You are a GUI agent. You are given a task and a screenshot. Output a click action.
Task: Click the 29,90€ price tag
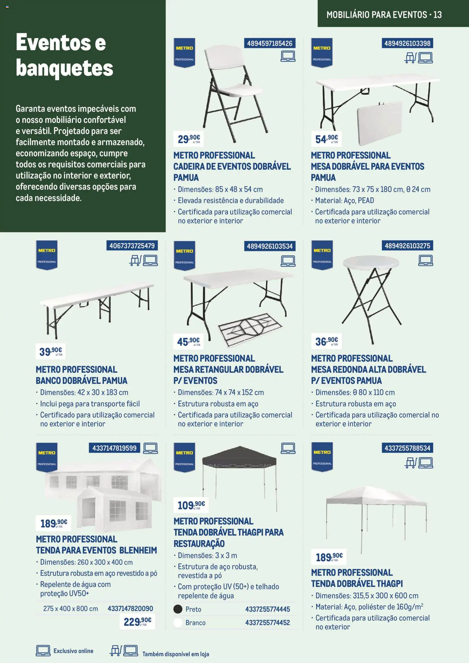[x=188, y=139]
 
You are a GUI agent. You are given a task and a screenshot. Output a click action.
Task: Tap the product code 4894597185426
[x=269, y=43]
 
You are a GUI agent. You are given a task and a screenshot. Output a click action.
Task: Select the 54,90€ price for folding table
[x=326, y=139]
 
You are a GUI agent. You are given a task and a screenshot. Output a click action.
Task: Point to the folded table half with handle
[x=380, y=122]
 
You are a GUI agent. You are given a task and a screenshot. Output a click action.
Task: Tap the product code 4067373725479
[x=132, y=246]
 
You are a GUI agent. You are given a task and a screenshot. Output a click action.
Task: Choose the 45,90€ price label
[x=188, y=341]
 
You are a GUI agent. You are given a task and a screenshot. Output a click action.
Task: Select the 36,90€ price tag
[x=326, y=341]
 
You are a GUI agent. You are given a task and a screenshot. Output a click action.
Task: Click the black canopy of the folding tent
[x=239, y=456]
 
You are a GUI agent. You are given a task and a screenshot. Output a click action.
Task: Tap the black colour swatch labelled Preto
[x=178, y=609]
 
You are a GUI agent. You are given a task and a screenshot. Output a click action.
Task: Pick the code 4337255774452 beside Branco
[x=267, y=622]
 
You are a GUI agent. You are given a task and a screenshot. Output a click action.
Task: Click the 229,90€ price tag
[x=137, y=622]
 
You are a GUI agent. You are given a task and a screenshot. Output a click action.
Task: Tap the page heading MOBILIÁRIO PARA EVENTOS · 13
[x=384, y=15]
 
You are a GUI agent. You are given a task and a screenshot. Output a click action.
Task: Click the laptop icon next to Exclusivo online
[x=43, y=651]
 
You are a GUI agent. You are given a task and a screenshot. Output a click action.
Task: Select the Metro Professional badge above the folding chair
[x=184, y=52]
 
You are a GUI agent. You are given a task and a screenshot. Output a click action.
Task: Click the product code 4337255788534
[x=407, y=448]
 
